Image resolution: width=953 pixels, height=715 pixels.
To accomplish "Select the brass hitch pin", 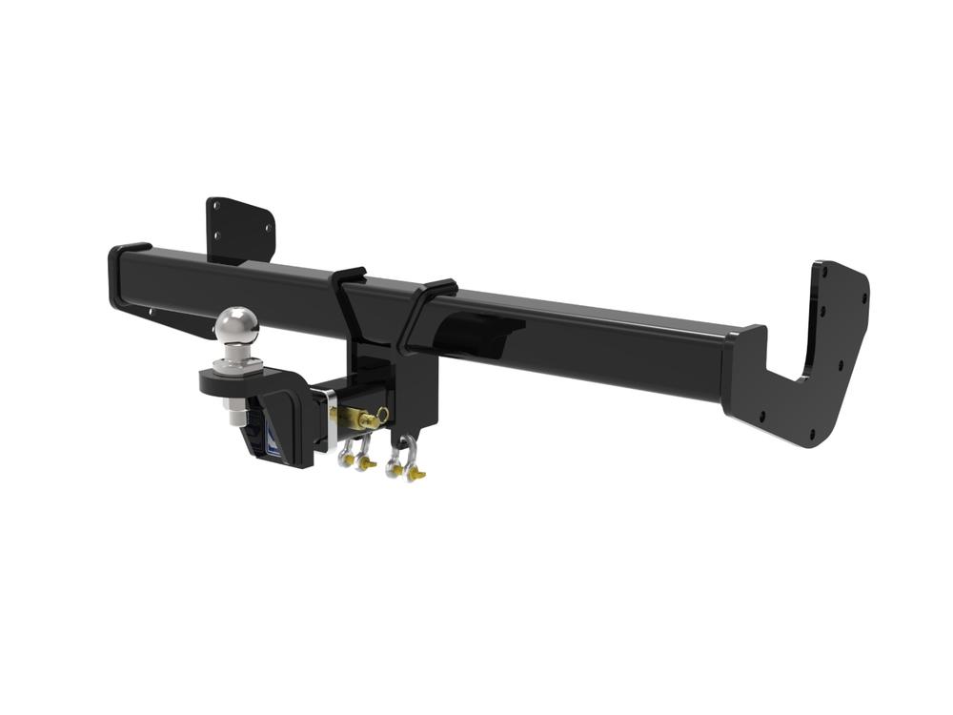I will tap(360, 417).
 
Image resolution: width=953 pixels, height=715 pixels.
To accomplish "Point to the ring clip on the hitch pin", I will tap(382, 415).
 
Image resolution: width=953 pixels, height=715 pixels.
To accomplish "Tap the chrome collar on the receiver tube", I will tap(332, 419).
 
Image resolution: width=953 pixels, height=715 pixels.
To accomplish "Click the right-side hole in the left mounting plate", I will tap(261, 228).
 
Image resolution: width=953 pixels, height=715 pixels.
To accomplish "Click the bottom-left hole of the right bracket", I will tap(761, 417).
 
